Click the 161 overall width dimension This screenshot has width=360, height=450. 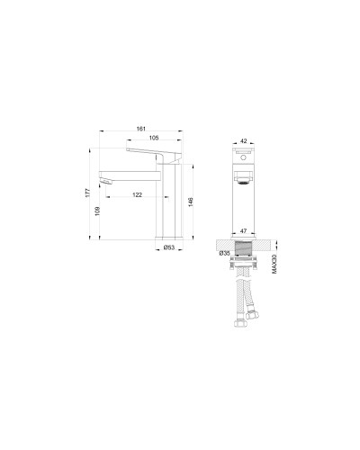click(x=142, y=129)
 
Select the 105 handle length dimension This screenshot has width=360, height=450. click(x=155, y=139)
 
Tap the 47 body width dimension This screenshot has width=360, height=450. click(x=244, y=231)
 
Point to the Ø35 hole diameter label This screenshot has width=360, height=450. click(x=224, y=254)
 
